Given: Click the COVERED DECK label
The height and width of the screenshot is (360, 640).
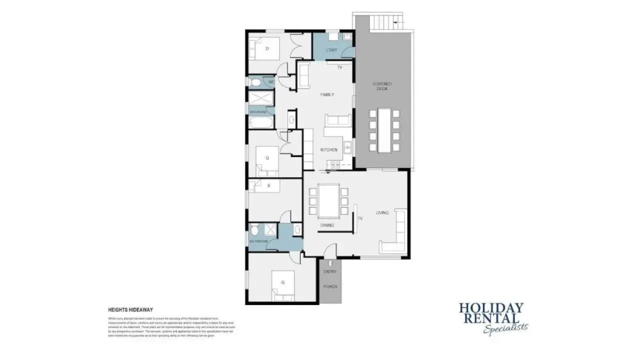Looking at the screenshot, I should point(382,86).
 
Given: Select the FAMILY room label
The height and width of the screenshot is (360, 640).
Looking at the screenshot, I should point(327,95).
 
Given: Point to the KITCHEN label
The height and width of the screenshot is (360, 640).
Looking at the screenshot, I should point(329,150).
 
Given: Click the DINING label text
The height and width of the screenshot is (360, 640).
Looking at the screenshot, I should point(327,225).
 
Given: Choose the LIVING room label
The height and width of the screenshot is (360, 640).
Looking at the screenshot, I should point(382,213).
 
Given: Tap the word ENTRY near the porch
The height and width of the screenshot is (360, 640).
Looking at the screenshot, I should point(330,271).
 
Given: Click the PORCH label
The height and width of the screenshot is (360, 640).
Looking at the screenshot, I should point(330,286).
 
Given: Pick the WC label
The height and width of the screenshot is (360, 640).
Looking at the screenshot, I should point(271,82).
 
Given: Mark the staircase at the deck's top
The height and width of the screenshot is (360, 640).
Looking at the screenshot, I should point(384,23).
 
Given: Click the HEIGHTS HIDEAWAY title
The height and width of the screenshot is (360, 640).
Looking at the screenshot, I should point(131,309).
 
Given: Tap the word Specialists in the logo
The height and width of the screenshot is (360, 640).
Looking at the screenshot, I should point(506,327).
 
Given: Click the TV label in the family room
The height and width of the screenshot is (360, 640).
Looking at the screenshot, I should point(340,67).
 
